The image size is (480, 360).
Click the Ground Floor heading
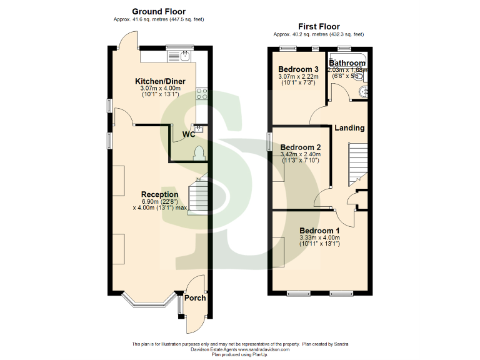(x=159, y=11)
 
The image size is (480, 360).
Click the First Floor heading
(x=319, y=26)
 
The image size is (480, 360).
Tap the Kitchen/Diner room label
(x=160, y=81)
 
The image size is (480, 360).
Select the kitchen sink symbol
(x=184, y=56)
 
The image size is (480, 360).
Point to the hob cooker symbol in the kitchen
(x=202, y=94)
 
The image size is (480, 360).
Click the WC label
(x=189, y=134)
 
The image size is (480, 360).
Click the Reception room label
(x=159, y=194)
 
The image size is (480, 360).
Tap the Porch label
(x=196, y=297)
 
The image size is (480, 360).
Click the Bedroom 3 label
(x=299, y=69)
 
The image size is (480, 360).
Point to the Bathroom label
(x=348, y=63)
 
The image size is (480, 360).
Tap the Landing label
(x=349, y=128)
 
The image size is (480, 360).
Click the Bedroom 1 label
(x=319, y=230)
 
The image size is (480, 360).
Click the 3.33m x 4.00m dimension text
(x=319, y=237)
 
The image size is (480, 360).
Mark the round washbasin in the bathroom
(x=364, y=93)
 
